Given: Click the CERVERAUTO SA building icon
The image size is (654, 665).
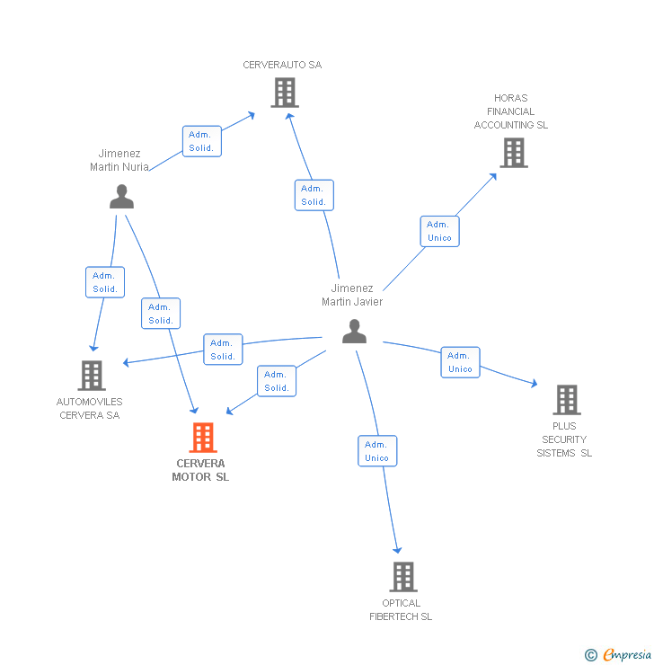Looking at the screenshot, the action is click(284, 93).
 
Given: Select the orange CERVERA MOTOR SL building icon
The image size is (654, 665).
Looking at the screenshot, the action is click(203, 438).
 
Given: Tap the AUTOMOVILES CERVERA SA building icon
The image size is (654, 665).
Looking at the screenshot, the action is click(92, 376).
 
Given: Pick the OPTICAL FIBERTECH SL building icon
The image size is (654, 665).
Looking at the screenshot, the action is click(403, 577).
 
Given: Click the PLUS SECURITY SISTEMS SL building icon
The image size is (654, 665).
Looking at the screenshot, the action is click(566, 400).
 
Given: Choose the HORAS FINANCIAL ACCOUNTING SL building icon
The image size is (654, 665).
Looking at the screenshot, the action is click(513, 153).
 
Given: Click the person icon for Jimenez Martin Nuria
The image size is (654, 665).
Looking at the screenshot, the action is click(121, 197).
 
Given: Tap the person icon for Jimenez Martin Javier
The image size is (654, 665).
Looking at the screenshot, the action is click(355, 332).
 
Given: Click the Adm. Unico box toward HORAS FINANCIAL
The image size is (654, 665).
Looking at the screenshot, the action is click(439, 231).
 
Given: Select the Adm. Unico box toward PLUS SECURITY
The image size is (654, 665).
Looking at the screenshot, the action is click(460, 362).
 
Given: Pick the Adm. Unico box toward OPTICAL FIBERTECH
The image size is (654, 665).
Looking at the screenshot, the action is click(376, 451).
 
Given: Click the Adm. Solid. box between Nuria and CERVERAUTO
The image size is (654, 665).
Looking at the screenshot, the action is click(201, 141).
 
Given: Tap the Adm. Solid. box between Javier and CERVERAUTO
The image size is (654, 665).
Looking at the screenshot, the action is click(314, 195).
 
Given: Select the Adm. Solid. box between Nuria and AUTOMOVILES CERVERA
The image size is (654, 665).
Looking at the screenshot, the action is click(105, 282).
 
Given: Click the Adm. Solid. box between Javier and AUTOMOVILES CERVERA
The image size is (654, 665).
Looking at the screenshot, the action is click(223, 350).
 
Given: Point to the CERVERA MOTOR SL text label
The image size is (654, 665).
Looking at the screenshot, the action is click(200, 471).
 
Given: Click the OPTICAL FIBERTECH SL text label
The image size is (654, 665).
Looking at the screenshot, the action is click(401, 610).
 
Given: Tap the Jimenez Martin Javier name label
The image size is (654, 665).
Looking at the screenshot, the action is click(352, 295).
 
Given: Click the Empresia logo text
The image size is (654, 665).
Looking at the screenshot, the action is click(626, 655).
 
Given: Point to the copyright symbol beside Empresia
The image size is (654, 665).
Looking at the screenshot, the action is click(590, 655).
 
